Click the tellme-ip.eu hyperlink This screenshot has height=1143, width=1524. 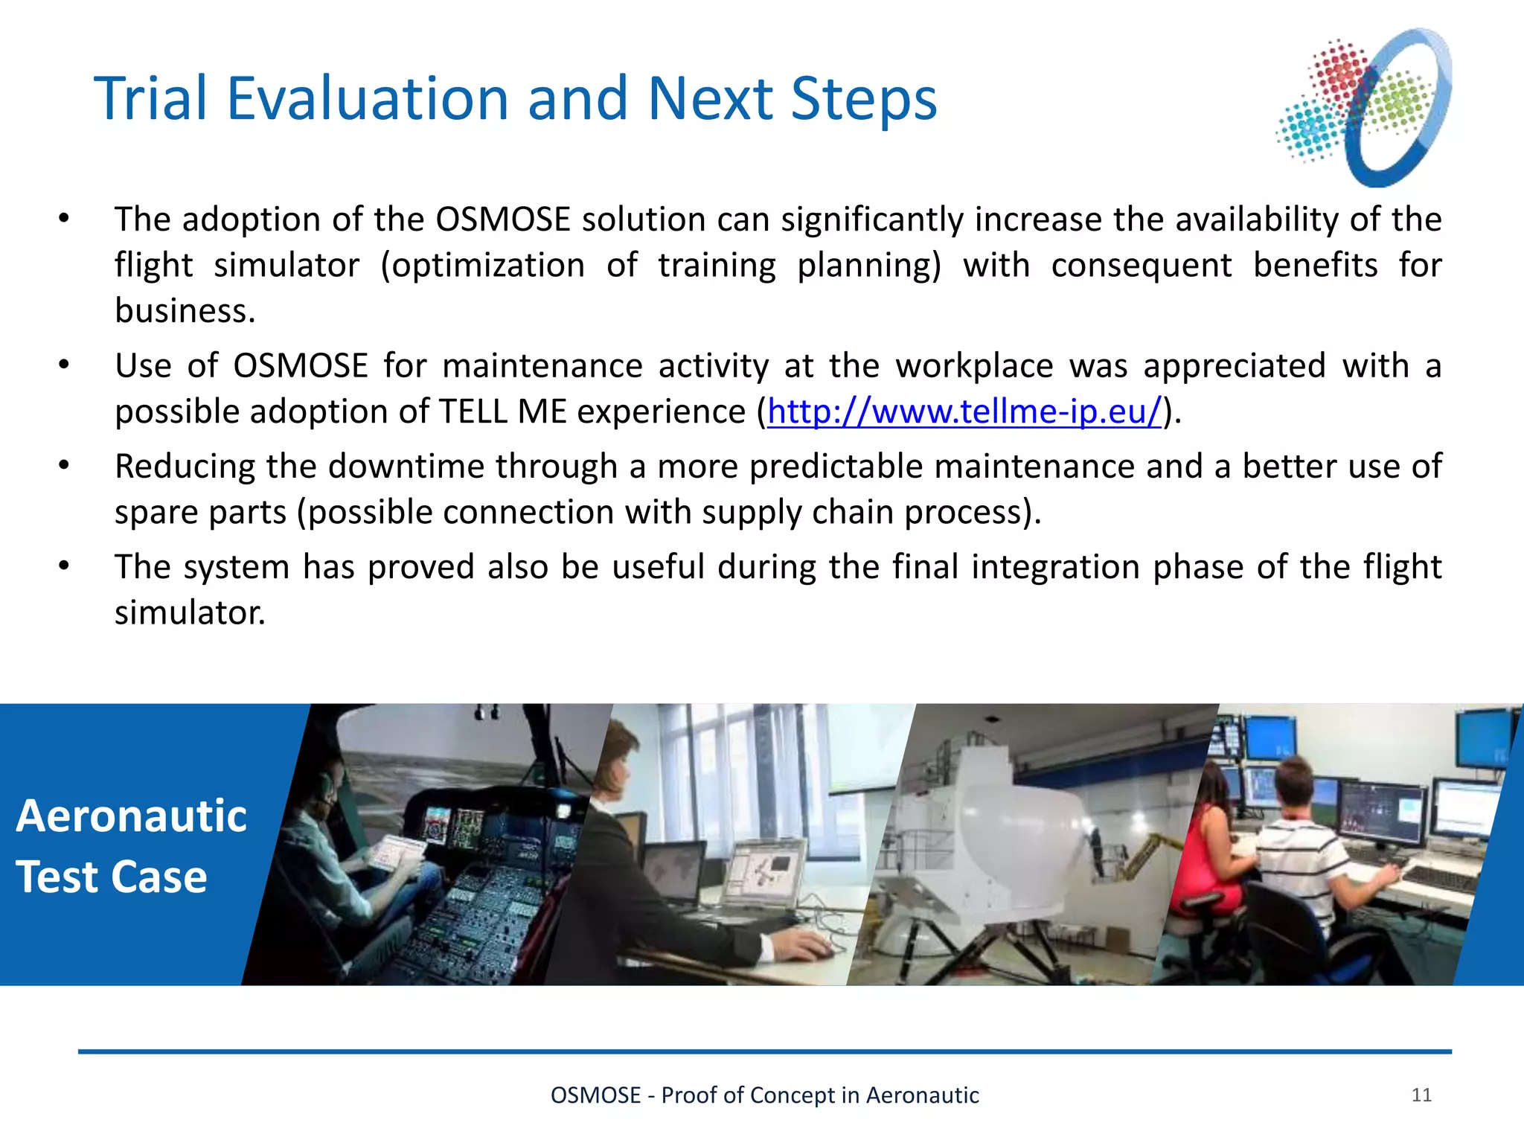pyautogui.click(x=964, y=412)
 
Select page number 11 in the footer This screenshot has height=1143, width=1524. pyautogui.click(x=1421, y=1095)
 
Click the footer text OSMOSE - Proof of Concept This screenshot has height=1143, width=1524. pyautogui.click(x=764, y=1095)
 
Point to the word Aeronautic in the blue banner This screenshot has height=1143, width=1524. pyautogui.click(x=131, y=816)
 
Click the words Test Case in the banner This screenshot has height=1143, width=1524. pyautogui.click(x=112, y=877)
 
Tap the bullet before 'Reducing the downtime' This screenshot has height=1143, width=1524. pyautogui.click(x=64, y=466)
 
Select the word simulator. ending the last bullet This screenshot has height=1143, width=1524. pyautogui.click(x=189, y=613)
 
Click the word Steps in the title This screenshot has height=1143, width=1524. pyautogui.click(x=863, y=98)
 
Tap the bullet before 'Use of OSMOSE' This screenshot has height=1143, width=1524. pyautogui.click(x=64, y=365)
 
